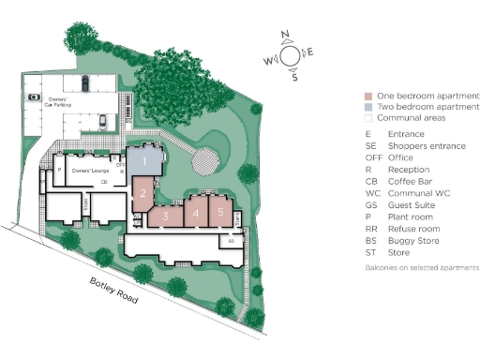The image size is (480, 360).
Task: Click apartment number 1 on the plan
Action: [x=145, y=161]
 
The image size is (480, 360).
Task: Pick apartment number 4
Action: [x=195, y=214]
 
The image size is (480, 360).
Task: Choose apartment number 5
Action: [x=219, y=212]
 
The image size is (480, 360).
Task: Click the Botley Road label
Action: [x=113, y=291]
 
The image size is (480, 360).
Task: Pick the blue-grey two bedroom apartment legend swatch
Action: [x=368, y=107]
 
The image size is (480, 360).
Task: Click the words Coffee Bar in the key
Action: [x=409, y=181]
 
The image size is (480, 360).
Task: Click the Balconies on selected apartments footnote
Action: [x=421, y=268]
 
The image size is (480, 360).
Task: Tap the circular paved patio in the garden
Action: [x=206, y=162]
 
